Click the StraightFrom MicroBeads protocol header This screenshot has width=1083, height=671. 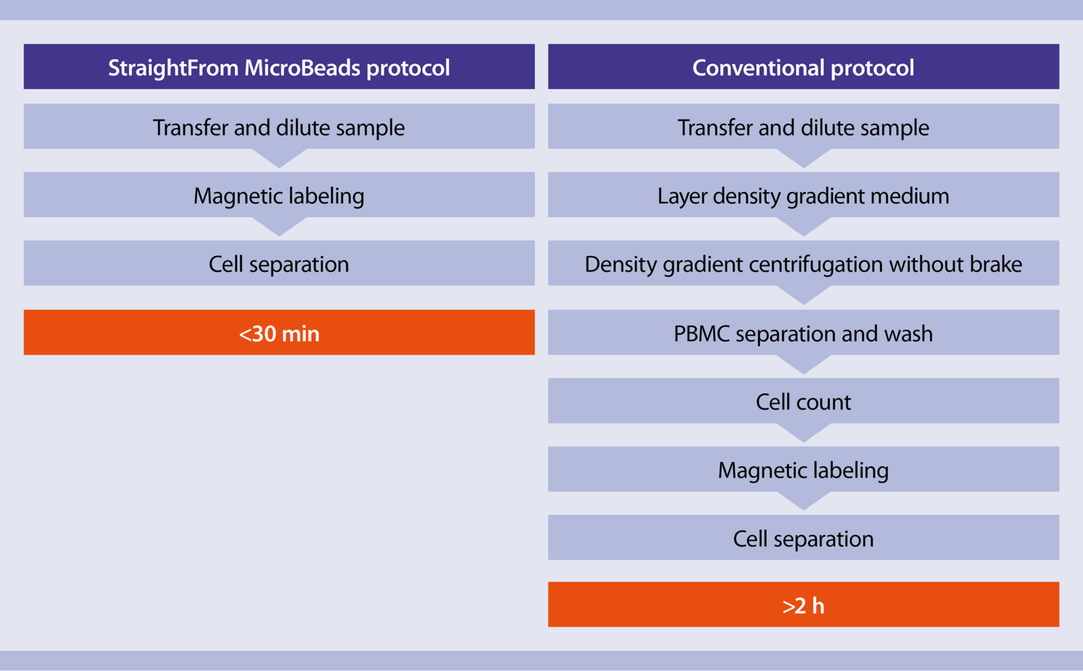(x=279, y=67)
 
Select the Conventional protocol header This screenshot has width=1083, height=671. (x=803, y=67)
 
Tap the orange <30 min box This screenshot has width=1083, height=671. (x=279, y=332)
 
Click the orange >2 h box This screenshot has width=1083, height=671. (x=803, y=604)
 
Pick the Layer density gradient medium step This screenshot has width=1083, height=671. (x=803, y=195)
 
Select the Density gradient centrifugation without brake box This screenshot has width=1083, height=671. (x=803, y=264)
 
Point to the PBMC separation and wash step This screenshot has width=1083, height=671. (x=803, y=333)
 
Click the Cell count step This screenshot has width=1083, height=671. (x=803, y=401)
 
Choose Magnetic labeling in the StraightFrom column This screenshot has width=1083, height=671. (x=279, y=195)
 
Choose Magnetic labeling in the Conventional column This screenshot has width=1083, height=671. (x=803, y=470)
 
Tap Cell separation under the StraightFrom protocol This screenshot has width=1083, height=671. (x=279, y=264)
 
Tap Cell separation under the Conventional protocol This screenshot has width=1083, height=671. (x=803, y=538)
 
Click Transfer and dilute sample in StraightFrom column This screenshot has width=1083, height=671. (x=279, y=127)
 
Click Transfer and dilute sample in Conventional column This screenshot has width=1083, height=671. (x=803, y=127)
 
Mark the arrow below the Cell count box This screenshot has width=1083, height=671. (x=803, y=431)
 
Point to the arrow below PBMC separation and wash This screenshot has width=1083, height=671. (x=803, y=363)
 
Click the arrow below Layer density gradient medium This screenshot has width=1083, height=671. (x=803, y=225)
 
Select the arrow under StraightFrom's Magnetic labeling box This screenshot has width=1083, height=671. (x=279, y=225)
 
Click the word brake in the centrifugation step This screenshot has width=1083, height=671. (x=996, y=264)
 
